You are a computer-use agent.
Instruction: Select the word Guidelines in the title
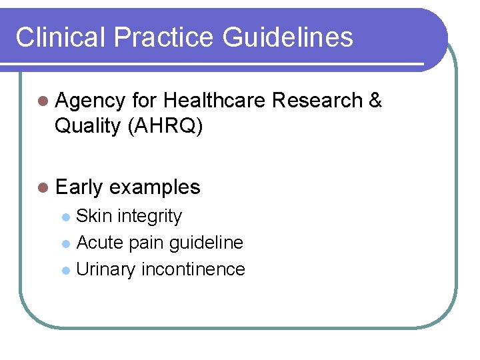(288, 37)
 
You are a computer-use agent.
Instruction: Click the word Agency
(90, 101)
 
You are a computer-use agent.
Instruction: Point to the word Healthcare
(215, 100)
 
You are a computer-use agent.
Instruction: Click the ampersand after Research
(375, 100)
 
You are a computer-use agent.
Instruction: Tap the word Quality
(87, 125)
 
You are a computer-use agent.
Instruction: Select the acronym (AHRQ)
(164, 125)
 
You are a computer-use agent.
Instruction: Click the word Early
(79, 188)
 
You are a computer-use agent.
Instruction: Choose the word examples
(155, 187)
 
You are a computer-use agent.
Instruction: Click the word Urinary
(106, 269)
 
